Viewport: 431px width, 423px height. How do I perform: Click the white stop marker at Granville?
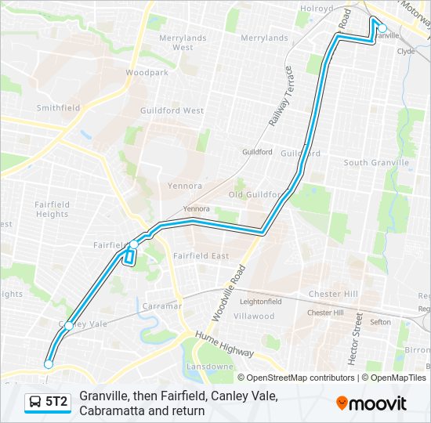(x=382, y=28)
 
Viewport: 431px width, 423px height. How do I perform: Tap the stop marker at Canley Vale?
(x=69, y=325)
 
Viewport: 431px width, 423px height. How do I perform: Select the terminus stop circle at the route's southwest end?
(x=49, y=363)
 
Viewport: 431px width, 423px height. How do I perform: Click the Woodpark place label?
(x=147, y=73)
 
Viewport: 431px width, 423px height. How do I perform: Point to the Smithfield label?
(x=58, y=108)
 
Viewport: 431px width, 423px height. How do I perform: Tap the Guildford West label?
(x=172, y=110)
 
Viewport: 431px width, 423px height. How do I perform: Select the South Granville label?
(x=376, y=163)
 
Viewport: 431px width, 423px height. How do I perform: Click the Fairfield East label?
(x=201, y=256)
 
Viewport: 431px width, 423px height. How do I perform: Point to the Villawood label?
(x=255, y=316)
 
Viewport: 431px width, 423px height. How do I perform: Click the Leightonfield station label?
(x=260, y=302)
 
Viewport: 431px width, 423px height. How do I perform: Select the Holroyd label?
(x=316, y=9)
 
